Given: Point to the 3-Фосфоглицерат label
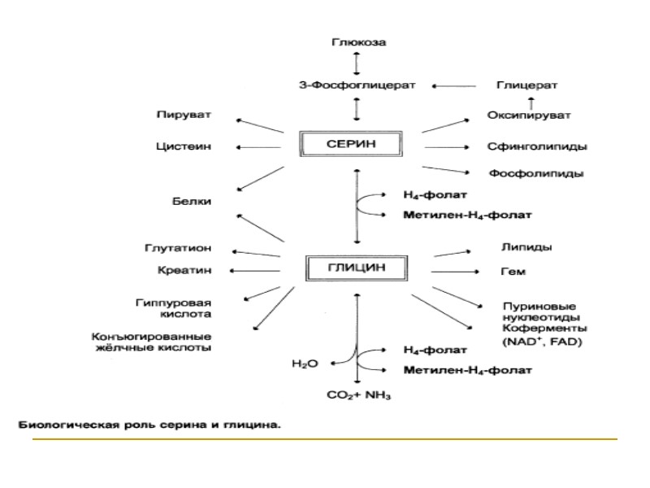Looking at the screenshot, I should (357, 85).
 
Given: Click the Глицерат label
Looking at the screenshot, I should (526, 85).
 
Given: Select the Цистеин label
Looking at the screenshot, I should (184, 146).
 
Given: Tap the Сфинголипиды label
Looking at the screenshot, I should (538, 146).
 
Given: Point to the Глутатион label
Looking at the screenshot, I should (180, 247).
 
